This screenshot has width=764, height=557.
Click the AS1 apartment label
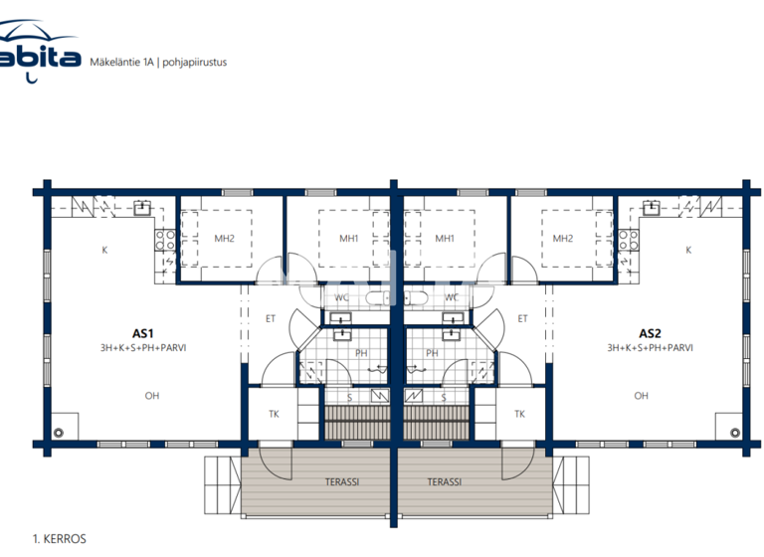coord(142,334)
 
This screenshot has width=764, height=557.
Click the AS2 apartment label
coord(651,334)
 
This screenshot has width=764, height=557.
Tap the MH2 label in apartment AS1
coord(224,239)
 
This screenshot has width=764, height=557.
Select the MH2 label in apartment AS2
coord(563,239)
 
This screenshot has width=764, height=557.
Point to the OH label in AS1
coord(151,396)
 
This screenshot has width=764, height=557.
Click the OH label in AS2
coord(641,396)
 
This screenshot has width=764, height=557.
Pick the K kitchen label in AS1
coord(104,251)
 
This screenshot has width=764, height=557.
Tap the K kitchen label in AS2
coord(688,251)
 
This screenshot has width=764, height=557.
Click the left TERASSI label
coord(342,481)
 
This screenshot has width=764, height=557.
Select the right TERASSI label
coord(445,481)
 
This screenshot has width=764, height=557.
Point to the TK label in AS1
coord(275,414)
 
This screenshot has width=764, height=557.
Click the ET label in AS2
coord(522,319)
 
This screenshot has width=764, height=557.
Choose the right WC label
coord(452,297)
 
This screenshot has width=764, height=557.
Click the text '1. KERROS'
coord(60,539)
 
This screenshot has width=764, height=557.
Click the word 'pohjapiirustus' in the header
coord(195,62)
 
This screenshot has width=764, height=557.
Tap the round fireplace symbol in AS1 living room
coord(59,433)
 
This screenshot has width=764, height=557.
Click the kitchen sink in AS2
coord(652,208)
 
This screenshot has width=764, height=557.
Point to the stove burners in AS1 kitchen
coord(165,239)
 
